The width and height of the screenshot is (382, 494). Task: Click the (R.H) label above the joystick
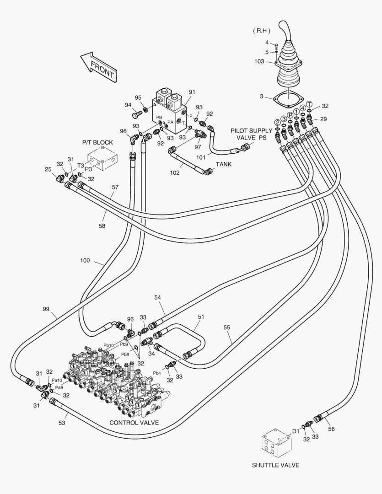tap(261, 31)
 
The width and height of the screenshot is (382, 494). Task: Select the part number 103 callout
tap(259, 61)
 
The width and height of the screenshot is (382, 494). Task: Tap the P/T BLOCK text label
tap(97, 142)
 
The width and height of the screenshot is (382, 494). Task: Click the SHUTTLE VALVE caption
tap(275, 465)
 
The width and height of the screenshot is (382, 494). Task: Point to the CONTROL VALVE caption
tap(134, 423)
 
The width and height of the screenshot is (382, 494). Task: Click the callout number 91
tap(192, 91)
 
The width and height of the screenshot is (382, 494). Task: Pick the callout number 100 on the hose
tap(85, 261)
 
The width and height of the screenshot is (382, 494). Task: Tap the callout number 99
tap(46, 309)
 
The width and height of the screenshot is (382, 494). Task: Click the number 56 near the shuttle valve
tap(331, 429)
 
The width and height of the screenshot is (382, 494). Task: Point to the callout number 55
tap(227, 328)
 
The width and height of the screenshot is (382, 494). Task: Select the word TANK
tap(224, 164)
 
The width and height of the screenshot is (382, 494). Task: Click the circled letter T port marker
tap(309, 104)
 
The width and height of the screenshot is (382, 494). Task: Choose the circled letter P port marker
tap(290, 115)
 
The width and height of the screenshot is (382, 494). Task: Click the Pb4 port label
tap(157, 373)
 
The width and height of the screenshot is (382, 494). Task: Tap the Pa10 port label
tap(57, 380)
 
